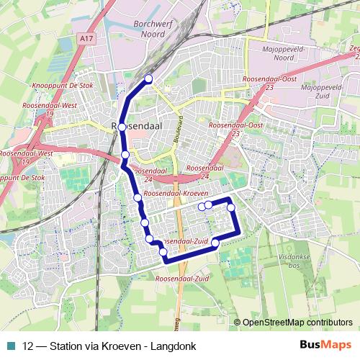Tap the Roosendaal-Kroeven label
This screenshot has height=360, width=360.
[176, 194]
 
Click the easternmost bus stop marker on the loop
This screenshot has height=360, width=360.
[232, 207]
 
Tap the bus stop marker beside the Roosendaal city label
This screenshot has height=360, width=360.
[122, 127]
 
